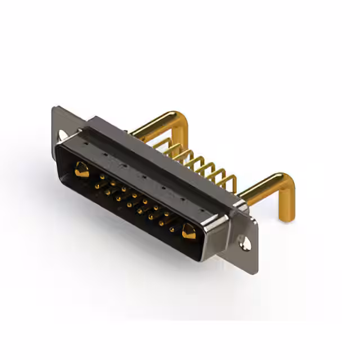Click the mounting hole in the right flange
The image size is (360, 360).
[x=245, y=244]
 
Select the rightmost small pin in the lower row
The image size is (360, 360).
[x=172, y=229]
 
